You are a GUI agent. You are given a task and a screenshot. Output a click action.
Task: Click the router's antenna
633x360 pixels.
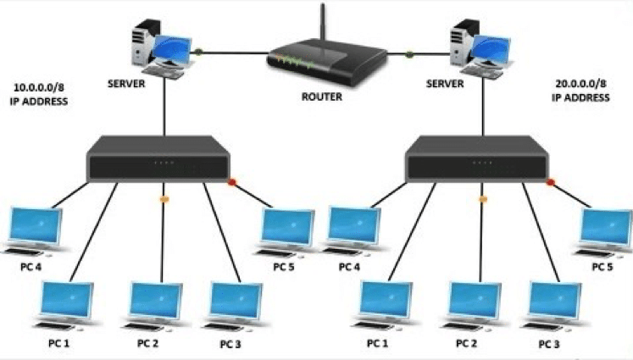point(322,25)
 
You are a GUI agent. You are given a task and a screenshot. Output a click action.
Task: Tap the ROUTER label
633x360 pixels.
point(321,97)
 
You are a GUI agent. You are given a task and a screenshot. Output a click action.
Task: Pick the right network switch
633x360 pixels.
point(478,162)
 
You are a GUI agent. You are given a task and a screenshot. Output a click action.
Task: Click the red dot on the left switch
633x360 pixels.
point(230,181)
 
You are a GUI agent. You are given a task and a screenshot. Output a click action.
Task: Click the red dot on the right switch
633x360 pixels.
point(551,181)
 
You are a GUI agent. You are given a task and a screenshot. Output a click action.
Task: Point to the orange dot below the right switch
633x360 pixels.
point(484,200)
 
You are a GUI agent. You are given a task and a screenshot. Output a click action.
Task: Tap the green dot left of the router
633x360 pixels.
point(198,53)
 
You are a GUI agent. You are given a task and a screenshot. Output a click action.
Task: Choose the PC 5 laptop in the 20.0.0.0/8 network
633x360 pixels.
point(605,230)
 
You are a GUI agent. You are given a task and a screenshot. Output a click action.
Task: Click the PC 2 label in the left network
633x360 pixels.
point(148,342)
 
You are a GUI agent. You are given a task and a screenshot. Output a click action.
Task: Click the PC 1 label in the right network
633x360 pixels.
point(379,343)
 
